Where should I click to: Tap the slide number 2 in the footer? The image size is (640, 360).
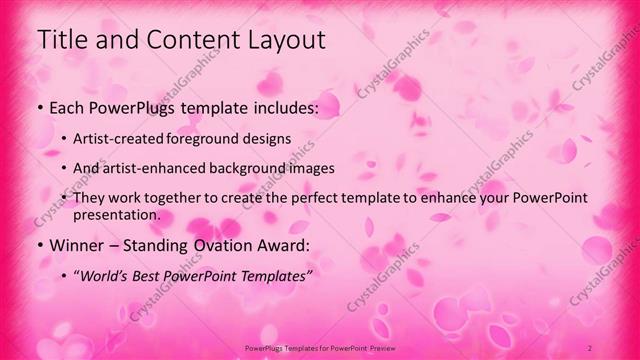(590, 347)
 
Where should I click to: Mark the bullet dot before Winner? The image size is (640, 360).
(39, 245)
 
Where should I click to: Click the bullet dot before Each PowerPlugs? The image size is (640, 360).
(39, 106)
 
